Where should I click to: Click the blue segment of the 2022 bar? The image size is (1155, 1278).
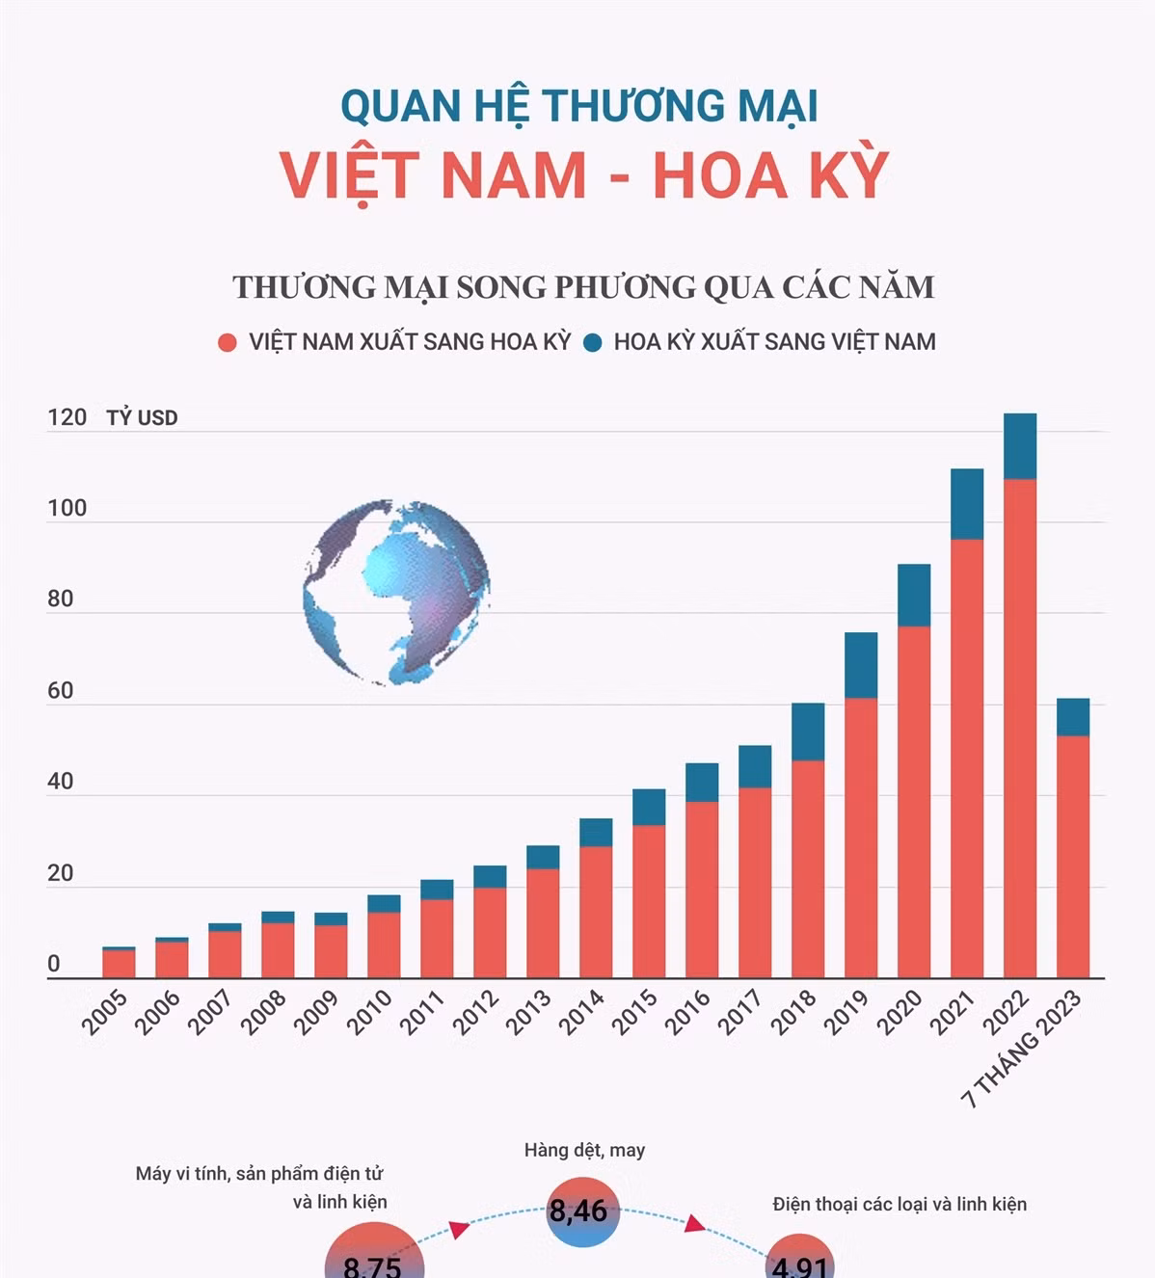(x=1019, y=446)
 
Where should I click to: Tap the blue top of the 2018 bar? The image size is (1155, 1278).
(x=808, y=732)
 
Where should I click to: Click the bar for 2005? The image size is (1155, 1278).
(x=119, y=963)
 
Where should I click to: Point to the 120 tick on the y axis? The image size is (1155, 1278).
(x=67, y=417)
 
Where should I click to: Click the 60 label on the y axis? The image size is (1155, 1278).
(x=60, y=690)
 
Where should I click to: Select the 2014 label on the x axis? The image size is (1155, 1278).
(x=581, y=1012)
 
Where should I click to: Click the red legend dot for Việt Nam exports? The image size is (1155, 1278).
(x=228, y=342)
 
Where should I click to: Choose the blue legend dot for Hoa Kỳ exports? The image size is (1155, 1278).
(x=593, y=342)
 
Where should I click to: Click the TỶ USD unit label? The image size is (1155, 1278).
(x=142, y=418)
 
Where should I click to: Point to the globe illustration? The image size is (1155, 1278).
(x=395, y=592)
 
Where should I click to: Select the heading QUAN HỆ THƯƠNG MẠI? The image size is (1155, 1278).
(x=578, y=105)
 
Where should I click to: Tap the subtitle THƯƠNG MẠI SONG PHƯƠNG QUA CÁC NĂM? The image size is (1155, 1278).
(x=583, y=287)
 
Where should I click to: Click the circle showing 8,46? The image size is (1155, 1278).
(x=578, y=1211)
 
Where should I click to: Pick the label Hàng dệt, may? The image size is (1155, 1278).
(x=584, y=1150)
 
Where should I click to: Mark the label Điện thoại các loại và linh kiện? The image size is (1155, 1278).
(x=899, y=1204)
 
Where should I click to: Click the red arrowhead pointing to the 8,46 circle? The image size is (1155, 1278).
(x=460, y=1228)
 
